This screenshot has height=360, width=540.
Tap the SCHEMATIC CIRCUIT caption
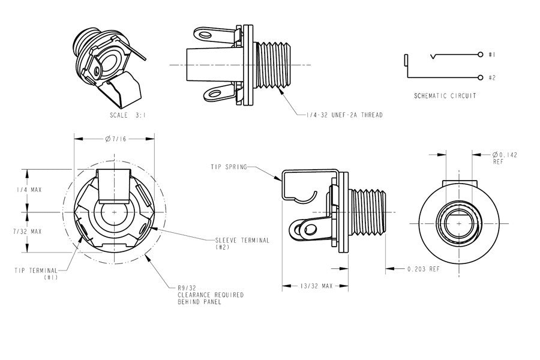pos(445,95)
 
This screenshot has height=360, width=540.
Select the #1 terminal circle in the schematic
pos(481,55)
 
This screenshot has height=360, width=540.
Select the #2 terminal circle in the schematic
pos(481,77)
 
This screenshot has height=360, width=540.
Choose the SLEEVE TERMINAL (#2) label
pos(242,243)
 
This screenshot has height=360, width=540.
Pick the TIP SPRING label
pos(229,167)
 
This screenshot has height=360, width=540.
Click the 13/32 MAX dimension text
pos(316,286)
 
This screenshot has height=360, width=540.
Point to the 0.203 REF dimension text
pos(423,269)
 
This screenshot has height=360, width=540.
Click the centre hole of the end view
pos(459,222)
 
